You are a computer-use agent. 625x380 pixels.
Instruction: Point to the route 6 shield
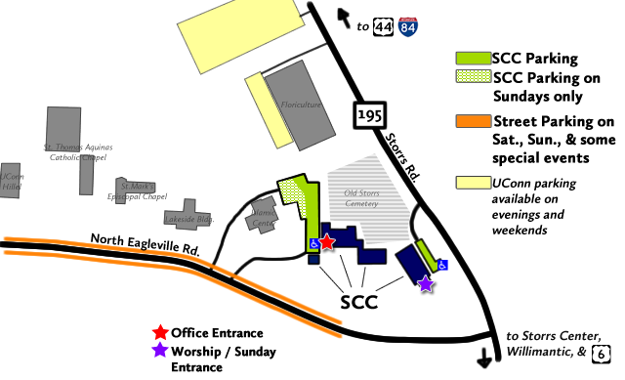(604, 353)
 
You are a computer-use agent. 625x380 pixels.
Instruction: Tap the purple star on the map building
(425, 283)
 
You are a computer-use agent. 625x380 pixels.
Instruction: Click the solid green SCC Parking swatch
(475, 58)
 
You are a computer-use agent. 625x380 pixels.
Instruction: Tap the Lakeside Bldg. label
(189, 218)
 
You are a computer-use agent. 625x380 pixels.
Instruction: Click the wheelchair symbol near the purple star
(441, 264)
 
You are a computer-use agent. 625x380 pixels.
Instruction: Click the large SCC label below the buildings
(357, 303)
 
